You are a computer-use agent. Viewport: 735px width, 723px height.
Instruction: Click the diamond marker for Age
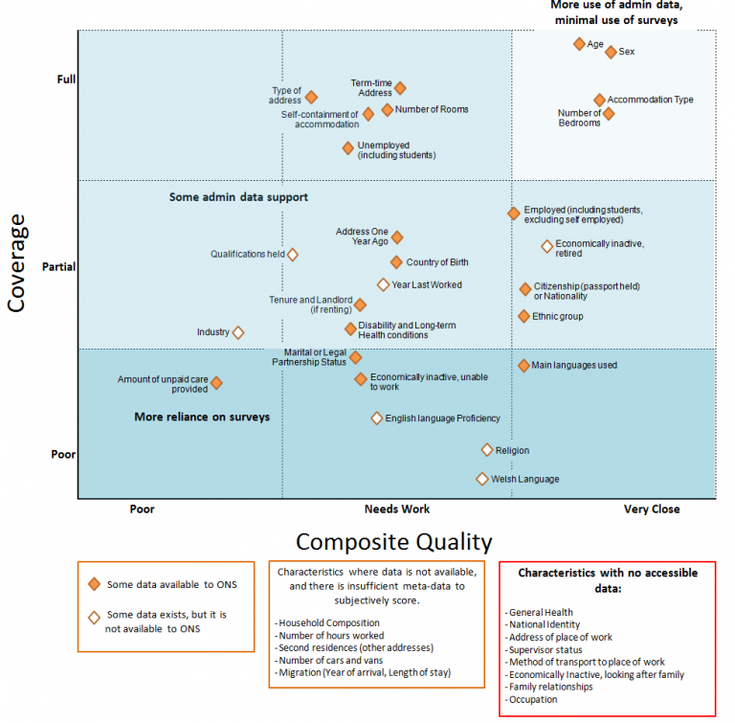point(579,44)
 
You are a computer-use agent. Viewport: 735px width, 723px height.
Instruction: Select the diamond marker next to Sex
point(611,52)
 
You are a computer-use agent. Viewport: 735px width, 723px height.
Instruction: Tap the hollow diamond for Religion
point(487,450)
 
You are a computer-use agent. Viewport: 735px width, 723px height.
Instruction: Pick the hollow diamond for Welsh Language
point(482,479)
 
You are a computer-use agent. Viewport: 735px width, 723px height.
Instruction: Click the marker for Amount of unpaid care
point(216,383)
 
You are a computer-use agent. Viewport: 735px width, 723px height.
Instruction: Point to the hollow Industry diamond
point(238,332)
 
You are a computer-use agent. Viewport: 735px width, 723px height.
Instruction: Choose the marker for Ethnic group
point(523,316)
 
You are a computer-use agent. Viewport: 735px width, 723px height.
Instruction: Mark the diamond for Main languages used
point(523,366)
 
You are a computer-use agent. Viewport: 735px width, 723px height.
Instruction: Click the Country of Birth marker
point(396,262)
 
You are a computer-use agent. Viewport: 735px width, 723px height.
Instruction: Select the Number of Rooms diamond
point(388,109)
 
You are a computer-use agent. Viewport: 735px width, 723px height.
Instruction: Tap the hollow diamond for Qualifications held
point(293,255)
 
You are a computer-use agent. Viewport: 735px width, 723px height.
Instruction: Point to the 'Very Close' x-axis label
point(652,509)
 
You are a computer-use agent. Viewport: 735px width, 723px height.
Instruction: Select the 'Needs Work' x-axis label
point(396,509)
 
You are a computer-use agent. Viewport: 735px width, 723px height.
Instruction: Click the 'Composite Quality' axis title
point(393,542)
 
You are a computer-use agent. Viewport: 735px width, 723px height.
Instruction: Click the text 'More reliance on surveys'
point(202,418)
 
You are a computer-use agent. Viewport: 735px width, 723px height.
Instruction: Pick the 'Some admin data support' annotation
point(238,197)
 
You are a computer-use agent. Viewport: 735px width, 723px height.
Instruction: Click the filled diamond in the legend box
point(94,584)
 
